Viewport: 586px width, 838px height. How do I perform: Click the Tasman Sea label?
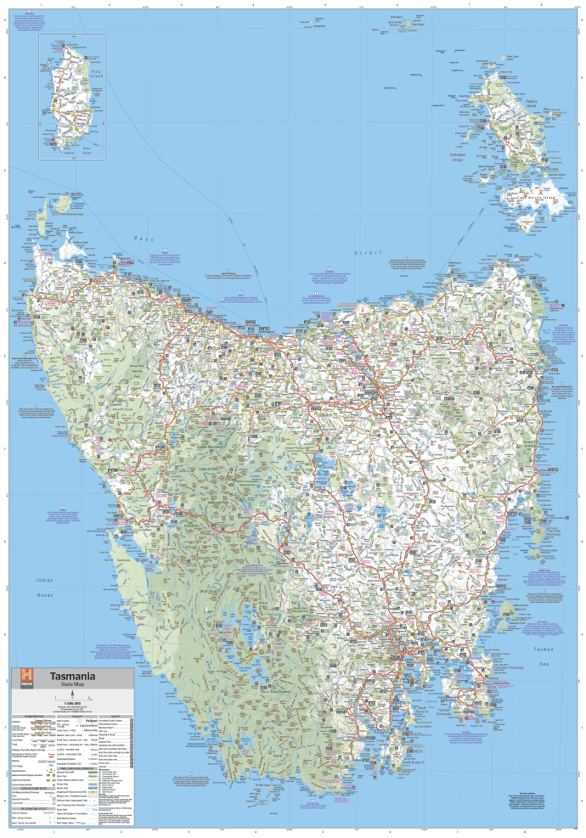(x=543, y=650)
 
